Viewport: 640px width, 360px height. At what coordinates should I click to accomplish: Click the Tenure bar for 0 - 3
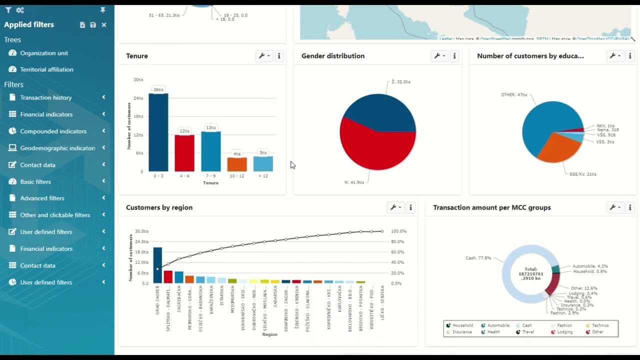(x=158, y=132)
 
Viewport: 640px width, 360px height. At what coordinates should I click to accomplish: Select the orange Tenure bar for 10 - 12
(x=237, y=164)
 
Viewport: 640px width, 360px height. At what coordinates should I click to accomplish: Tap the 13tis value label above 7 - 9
(x=211, y=127)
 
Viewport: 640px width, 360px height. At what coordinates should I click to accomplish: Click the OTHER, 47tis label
(x=514, y=94)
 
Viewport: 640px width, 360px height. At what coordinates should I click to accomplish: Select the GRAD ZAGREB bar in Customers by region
(x=157, y=265)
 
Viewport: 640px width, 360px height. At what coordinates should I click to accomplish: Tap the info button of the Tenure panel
(x=279, y=56)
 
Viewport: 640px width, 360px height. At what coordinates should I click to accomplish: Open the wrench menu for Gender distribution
(x=439, y=56)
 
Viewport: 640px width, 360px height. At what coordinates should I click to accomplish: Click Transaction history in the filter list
(x=46, y=97)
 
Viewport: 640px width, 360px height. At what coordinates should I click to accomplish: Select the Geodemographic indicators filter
(x=57, y=148)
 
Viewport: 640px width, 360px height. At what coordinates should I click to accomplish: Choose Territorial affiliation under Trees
(x=46, y=69)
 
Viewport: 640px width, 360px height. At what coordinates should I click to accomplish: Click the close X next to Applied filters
(x=104, y=24)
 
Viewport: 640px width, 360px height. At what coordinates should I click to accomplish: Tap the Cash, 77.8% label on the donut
(x=478, y=258)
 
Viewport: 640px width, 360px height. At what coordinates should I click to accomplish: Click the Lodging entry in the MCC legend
(x=564, y=332)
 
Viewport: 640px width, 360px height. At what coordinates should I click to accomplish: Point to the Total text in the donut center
(x=530, y=269)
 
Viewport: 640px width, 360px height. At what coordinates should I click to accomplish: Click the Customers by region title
(x=159, y=207)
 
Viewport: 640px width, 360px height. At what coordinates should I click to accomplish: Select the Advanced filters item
(x=42, y=198)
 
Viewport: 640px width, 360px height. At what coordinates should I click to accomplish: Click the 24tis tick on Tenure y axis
(x=138, y=98)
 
